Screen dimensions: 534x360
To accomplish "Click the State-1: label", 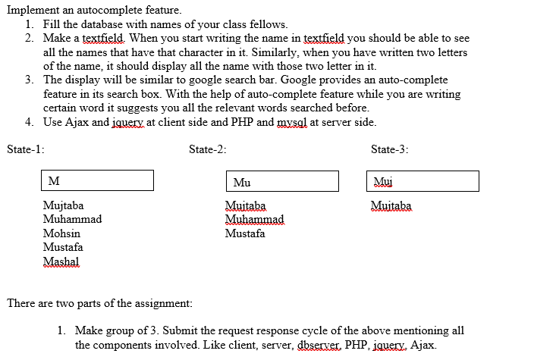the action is click(25, 149).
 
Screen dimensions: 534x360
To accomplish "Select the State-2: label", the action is click(208, 149).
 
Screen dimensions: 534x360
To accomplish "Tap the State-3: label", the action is click(390, 149).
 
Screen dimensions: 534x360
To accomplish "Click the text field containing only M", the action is click(98, 180).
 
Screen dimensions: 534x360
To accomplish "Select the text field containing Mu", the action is click(282, 181).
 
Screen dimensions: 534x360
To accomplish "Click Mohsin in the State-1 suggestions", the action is click(61, 233).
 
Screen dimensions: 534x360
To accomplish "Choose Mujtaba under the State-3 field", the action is click(391, 205).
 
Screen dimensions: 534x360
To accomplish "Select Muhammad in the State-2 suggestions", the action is click(254, 220).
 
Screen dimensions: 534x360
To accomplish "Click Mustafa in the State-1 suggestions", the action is click(63, 247).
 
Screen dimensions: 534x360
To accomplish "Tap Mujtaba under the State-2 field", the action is click(246, 205).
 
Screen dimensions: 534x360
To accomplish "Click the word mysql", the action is click(294, 122).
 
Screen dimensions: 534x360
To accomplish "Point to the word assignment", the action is click(165, 303).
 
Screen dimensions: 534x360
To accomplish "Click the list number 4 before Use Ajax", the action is click(28, 122).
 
